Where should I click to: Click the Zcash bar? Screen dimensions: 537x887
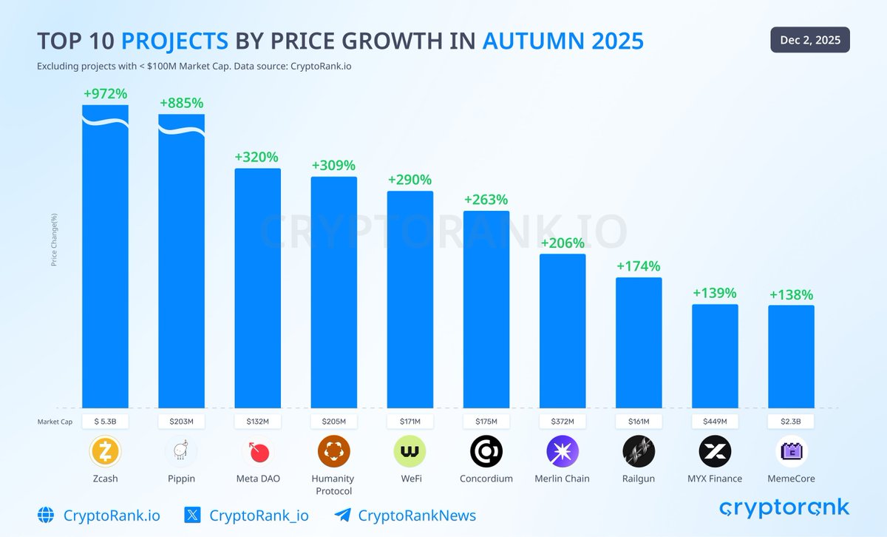(105, 259)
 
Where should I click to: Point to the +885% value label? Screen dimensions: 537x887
(181, 103)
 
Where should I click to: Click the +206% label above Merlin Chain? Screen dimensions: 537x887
(563, 243)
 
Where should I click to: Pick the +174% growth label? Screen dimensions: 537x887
(639, 266)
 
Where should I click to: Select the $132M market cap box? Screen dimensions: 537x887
(257, 422)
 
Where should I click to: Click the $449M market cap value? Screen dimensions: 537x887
(715, 422)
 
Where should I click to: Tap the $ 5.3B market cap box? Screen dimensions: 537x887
(105, 422)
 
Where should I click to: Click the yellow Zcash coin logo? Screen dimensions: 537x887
(105, 450)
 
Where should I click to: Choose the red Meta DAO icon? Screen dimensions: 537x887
(257, 450)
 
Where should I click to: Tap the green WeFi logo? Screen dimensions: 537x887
(409, 450)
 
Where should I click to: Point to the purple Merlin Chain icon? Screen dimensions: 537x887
(563, 450)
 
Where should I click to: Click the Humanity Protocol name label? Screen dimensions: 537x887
(333, 484)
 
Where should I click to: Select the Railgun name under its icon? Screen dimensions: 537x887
(639, 479)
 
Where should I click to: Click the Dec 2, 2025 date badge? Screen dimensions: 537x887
(810, 40)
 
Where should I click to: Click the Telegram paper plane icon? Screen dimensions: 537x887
(341, 516)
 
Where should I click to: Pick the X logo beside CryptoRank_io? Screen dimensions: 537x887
(192, 516)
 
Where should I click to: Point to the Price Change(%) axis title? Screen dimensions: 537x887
(54, 240)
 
